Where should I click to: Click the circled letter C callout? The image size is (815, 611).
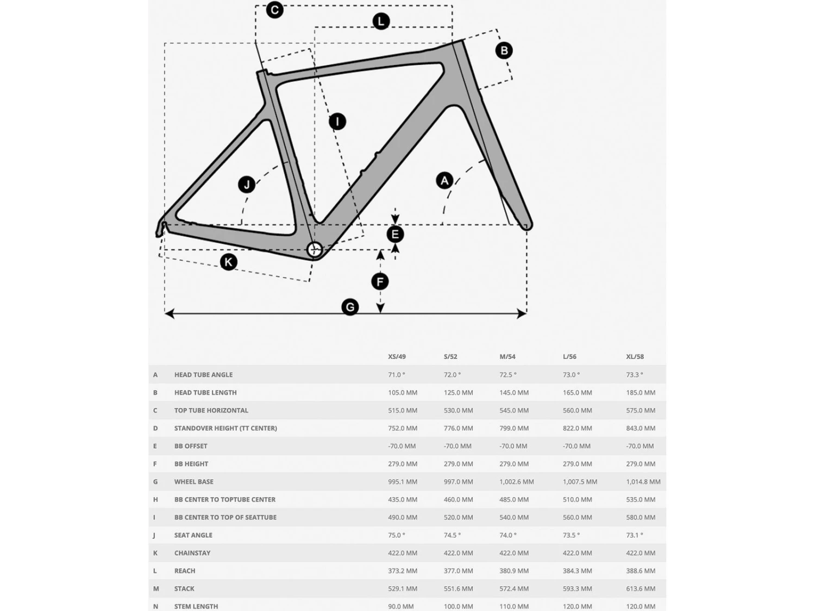click(274, 10)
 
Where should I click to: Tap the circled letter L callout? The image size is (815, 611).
click(381, 21)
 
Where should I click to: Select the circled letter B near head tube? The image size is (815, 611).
click(504, 51)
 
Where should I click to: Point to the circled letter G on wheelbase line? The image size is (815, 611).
click(350, 307)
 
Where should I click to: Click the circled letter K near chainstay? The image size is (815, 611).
click(228, 262)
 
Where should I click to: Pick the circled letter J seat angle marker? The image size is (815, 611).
click(247, 185)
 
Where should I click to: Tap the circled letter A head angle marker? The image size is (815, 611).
click(444, 180)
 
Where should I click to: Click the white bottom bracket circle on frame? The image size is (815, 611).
click(315, 250)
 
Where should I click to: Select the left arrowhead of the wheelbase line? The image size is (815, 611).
click(170, 313)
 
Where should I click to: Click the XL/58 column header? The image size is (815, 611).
click(635, 357)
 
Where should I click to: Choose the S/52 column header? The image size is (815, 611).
click(450, 357)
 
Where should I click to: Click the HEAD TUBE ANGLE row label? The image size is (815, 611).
click(203, 375)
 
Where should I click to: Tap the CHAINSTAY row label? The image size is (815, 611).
click(192, 553)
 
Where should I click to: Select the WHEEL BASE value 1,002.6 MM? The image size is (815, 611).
click(516, 482)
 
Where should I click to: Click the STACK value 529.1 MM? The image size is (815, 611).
click(403, 589)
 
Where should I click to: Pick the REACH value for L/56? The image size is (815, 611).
click(577, 571)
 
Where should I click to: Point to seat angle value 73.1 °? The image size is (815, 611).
click(634, 535)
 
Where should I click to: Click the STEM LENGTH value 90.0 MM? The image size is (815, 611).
click(401, 606)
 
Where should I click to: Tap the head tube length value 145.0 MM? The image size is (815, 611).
click(514, 393)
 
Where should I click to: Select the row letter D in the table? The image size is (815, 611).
click(155, 429)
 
